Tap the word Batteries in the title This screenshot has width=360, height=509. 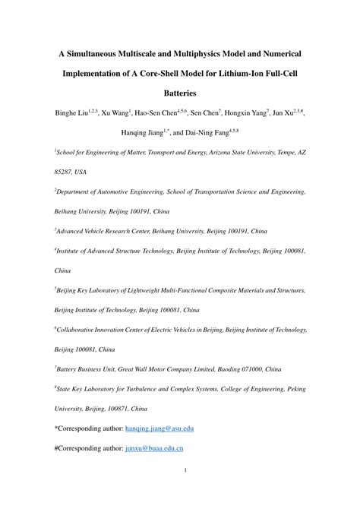tap(179, 93)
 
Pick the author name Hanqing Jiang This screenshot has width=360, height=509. tap(142, 133)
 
